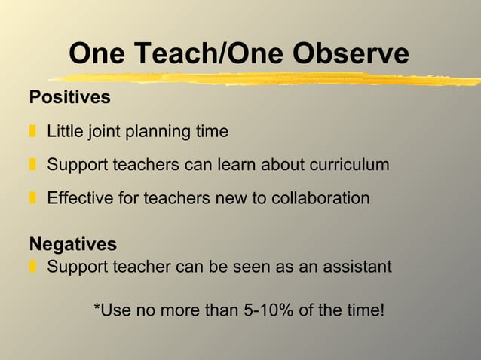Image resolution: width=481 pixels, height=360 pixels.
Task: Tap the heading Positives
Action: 69,98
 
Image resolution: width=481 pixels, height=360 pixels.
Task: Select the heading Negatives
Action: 72,244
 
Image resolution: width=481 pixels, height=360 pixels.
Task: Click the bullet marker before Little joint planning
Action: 33,132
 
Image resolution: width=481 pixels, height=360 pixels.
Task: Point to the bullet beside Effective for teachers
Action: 33,198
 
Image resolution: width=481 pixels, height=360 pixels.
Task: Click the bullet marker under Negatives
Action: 33,266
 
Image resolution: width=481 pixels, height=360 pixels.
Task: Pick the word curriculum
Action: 351,165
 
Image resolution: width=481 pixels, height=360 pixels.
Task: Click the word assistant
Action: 357,266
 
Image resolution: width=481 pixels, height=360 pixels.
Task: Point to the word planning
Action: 157,133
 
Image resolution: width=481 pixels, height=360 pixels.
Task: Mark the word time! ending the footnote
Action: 364,309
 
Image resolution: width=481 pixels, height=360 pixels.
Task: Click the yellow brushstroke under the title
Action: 264,78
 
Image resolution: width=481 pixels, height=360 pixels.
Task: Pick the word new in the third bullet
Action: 213,198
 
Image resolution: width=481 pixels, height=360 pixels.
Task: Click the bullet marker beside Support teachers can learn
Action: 33,165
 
